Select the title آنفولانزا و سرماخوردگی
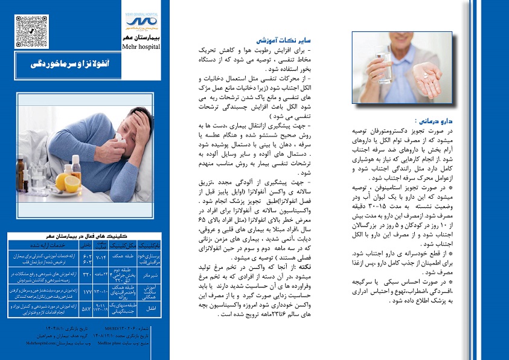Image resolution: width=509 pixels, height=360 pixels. point(85,63)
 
